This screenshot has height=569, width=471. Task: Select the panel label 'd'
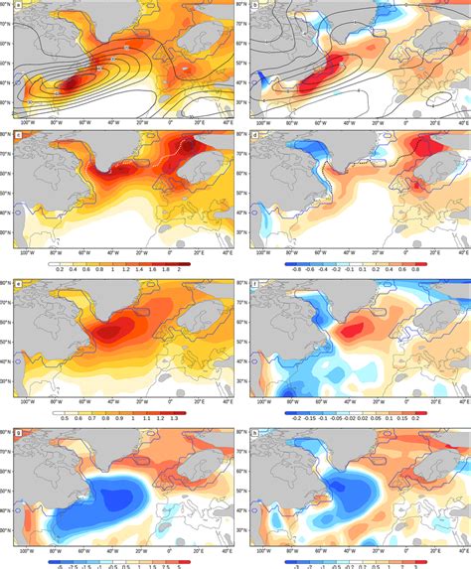click(x=254, y=134)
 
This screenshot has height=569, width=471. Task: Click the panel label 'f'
click(x=254, y=286)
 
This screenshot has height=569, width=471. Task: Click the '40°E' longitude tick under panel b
click(x=456, y=124)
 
